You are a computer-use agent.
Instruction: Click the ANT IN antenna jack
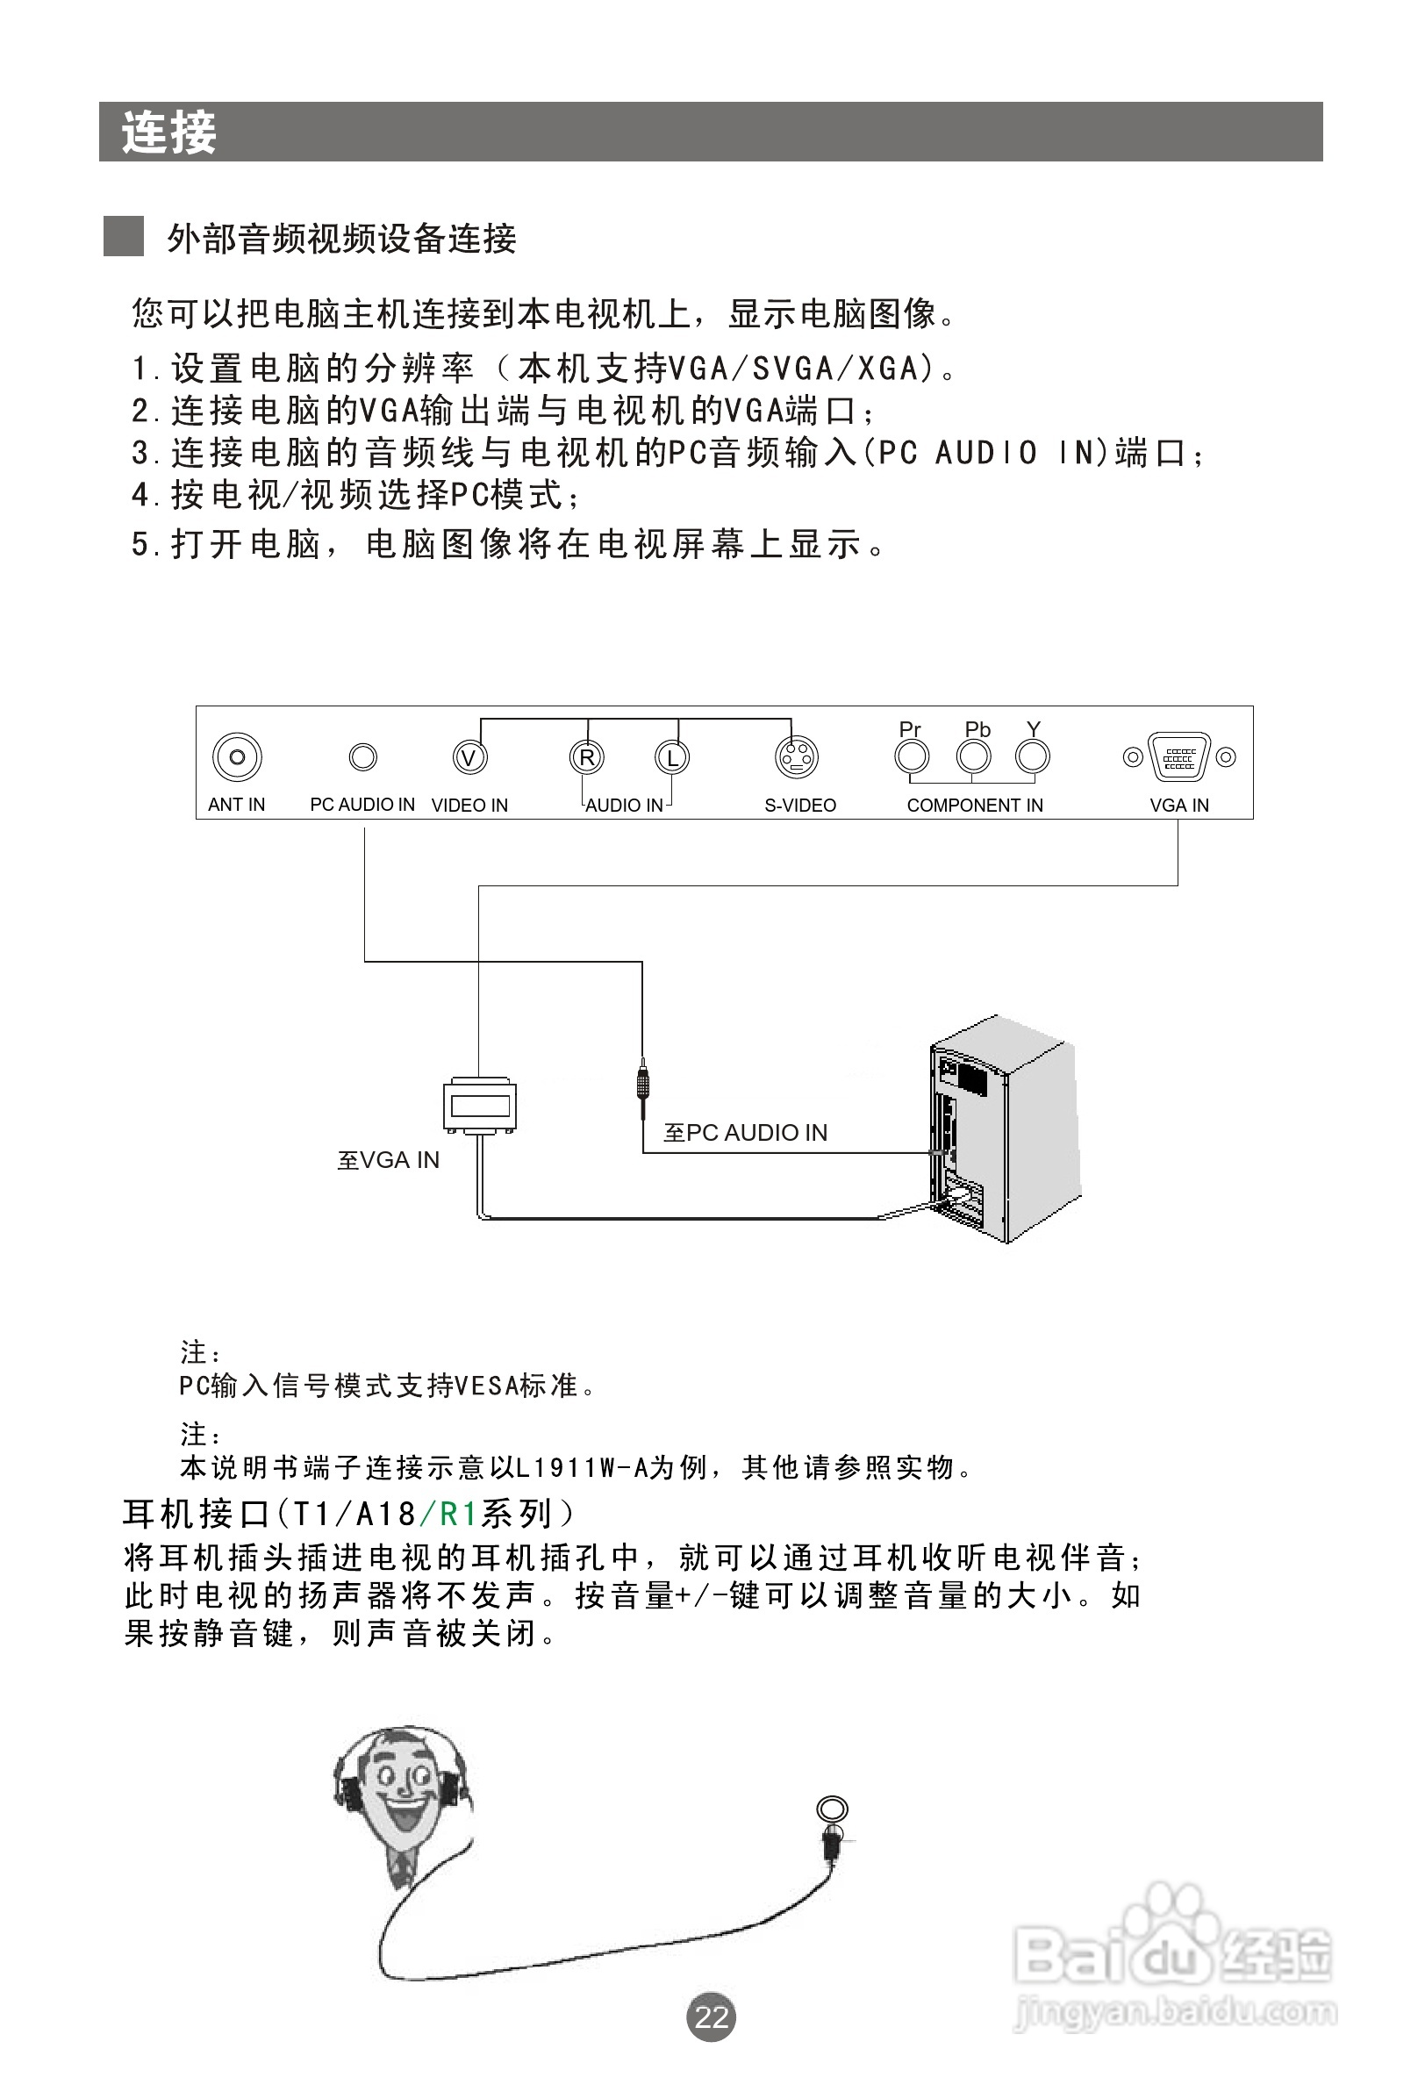coord(237,757)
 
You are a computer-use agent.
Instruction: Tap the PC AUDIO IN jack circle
coord(362,757)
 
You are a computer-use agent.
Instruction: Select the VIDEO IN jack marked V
coord(469,757)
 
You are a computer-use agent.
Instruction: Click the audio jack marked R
coord(587,757)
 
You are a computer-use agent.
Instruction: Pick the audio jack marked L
coord(671,757)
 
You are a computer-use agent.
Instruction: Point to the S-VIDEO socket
coord(797,757)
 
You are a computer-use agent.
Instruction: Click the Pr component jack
coord(912,757)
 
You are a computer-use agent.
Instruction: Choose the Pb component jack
coord(973,757)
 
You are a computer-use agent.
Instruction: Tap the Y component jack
coord(1033,757)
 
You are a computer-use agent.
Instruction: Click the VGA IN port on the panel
coord(1179,757)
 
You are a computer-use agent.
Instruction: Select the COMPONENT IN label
coord(975,806)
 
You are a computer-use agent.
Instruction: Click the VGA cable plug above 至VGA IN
coord(479,1105)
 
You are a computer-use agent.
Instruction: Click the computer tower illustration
coord(1004,1129)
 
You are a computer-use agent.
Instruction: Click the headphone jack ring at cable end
coord(833,1809)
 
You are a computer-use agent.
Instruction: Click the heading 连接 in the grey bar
coord(169,133)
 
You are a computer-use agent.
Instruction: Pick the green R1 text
coord(457,1513)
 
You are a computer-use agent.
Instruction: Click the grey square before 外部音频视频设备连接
coord(124,237)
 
